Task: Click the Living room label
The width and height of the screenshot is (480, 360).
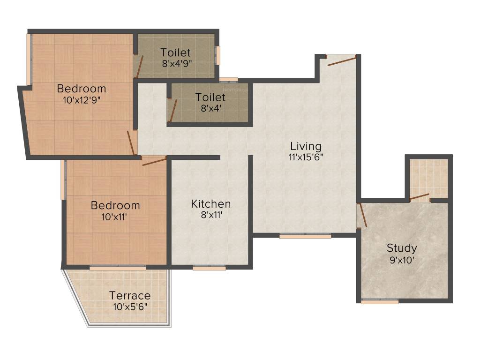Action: (x=306, y=145)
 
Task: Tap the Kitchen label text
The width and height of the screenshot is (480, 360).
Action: (x=210, y=204)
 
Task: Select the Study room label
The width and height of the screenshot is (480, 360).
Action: (x=401, y=248)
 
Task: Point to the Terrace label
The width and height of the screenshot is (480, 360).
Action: (x=130, y=295)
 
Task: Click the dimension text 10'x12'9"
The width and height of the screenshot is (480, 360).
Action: (x=82, y=99)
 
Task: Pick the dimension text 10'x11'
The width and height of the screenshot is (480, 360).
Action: (x=115, y=217)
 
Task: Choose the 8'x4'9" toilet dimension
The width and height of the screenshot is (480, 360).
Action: (x=176, y=63)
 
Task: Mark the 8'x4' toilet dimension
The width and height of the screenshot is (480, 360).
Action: (x=210, y=108)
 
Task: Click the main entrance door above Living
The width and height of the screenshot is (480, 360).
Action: (x=342, y=60)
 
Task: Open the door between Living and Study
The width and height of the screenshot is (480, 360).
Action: (x=361, y=215)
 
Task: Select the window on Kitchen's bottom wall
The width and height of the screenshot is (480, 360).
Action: (x=209, y=268)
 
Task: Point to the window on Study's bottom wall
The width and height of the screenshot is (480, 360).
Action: (x=380, y=302)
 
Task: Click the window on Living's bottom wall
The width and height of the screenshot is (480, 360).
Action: (x=305, y=236)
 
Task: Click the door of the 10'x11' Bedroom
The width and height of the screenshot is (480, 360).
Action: (x=154, y=162)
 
